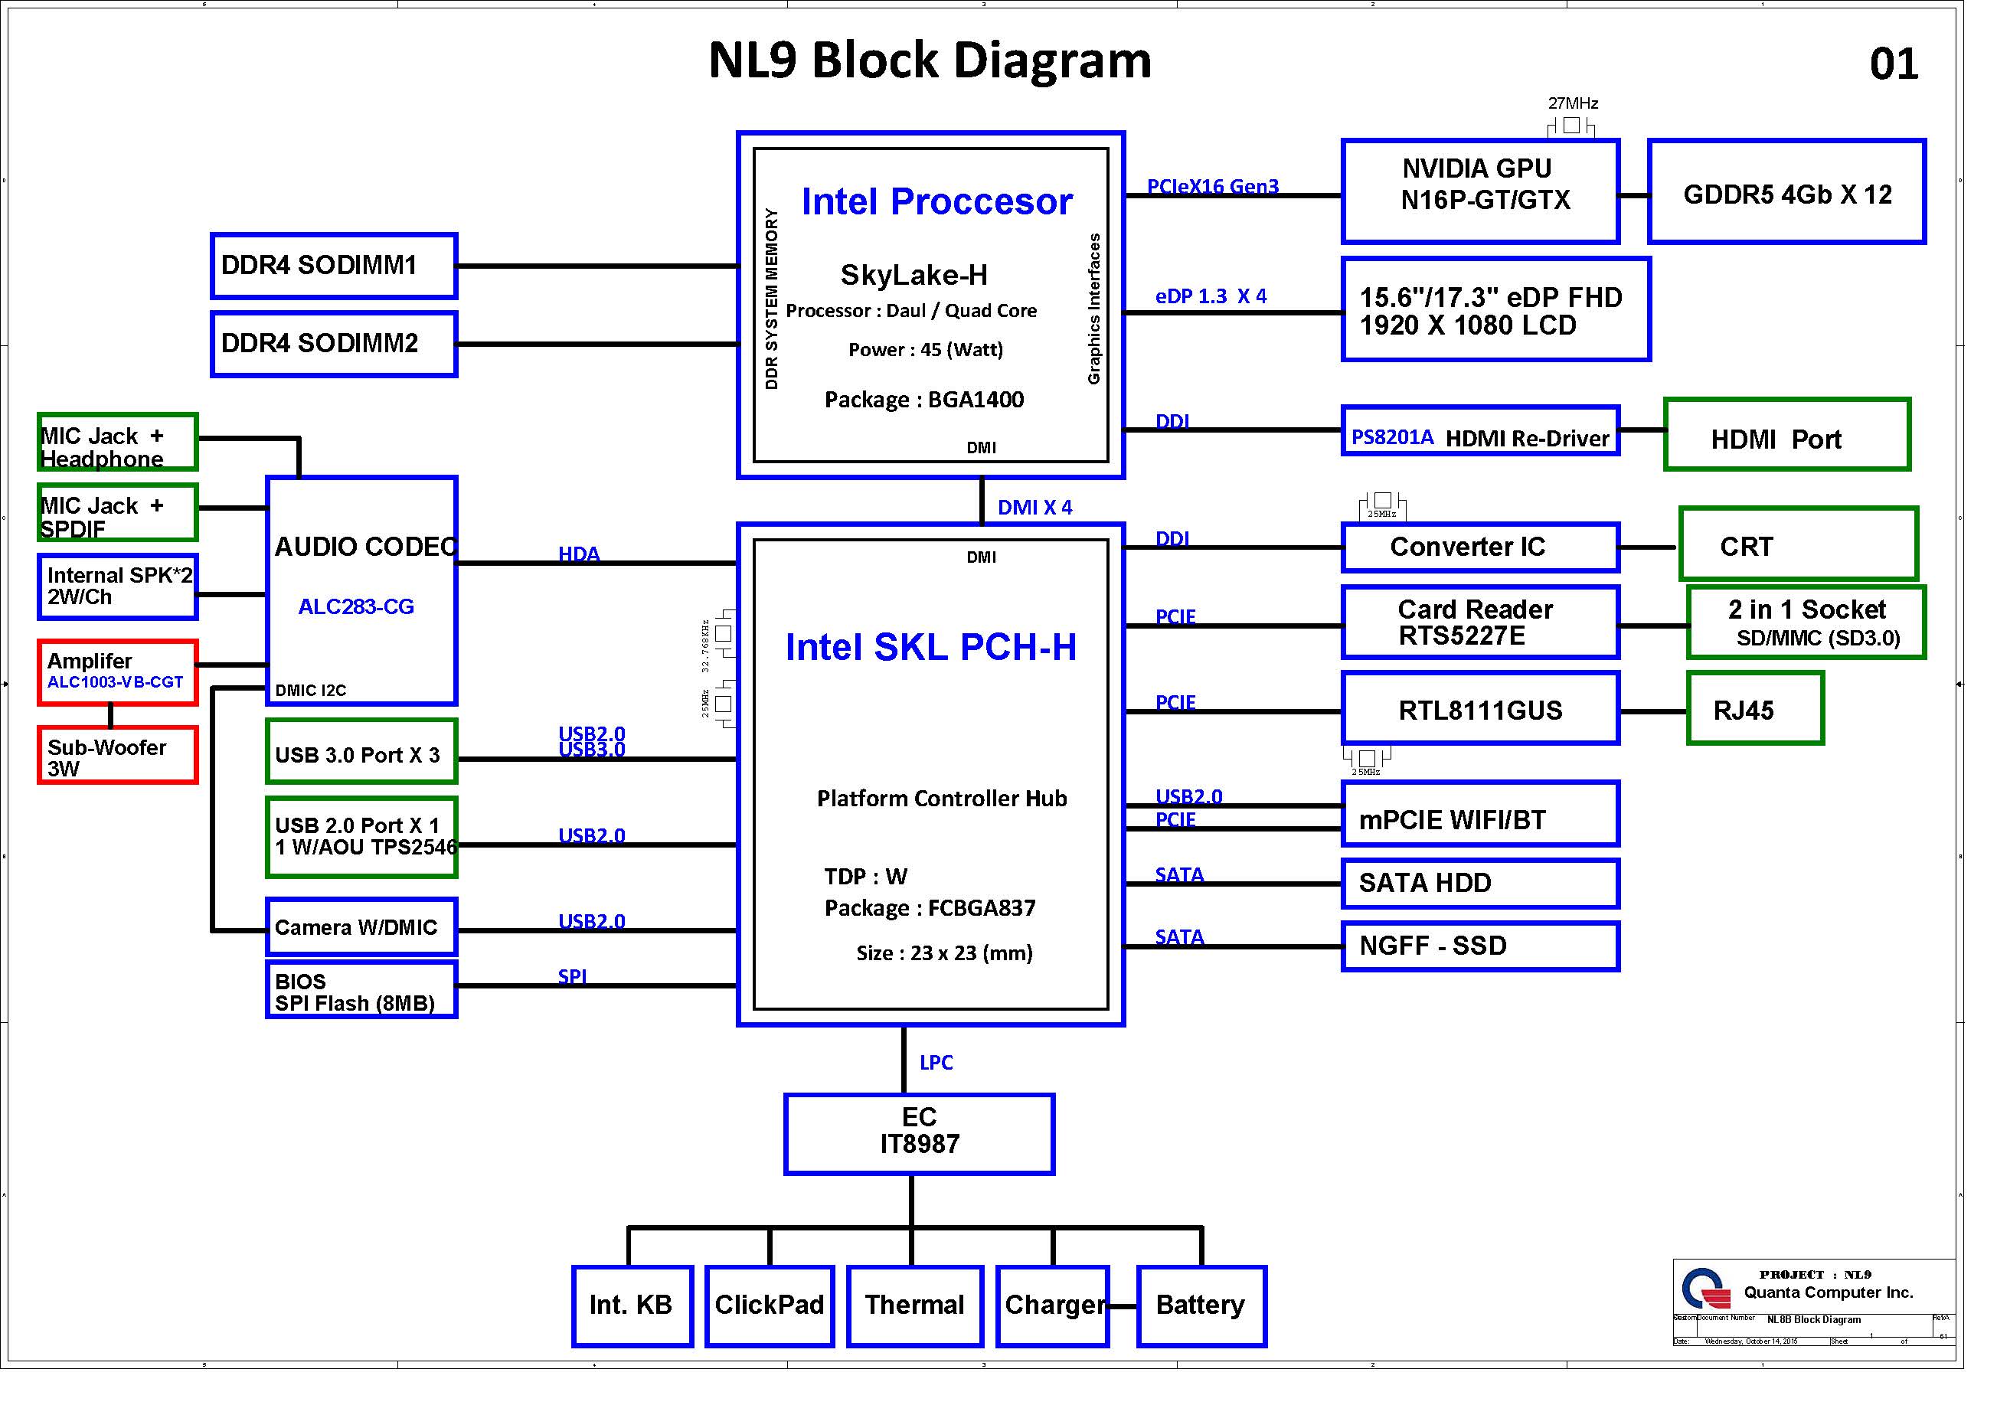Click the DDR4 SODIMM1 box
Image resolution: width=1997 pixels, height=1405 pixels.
coord(333,266)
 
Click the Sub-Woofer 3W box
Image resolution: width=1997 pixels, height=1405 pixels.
coord(117,755)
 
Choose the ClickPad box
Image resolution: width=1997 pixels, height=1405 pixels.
coord(769,1305)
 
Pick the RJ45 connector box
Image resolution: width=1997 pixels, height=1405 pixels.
coord(1754,708)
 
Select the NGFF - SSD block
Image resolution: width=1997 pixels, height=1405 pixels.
coord(1479,946)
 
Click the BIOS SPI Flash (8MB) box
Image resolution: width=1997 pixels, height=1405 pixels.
coord(361,989)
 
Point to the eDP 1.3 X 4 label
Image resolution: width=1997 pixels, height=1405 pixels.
coord(1211,296)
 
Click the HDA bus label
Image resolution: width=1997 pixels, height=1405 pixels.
coord(578,554)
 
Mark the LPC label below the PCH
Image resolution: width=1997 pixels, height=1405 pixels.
coord(936,1062)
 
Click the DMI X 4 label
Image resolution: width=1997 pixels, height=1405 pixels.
coord(1034,507)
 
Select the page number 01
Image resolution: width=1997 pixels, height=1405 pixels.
coord(1894,64)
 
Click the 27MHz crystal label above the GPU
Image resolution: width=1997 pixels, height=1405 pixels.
coord(1573,103)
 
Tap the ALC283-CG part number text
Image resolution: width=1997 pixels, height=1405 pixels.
coord(356,606)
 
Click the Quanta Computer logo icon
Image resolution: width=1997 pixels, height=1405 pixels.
coord(1704,1289)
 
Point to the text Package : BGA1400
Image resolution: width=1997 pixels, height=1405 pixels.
coord(923,400)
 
